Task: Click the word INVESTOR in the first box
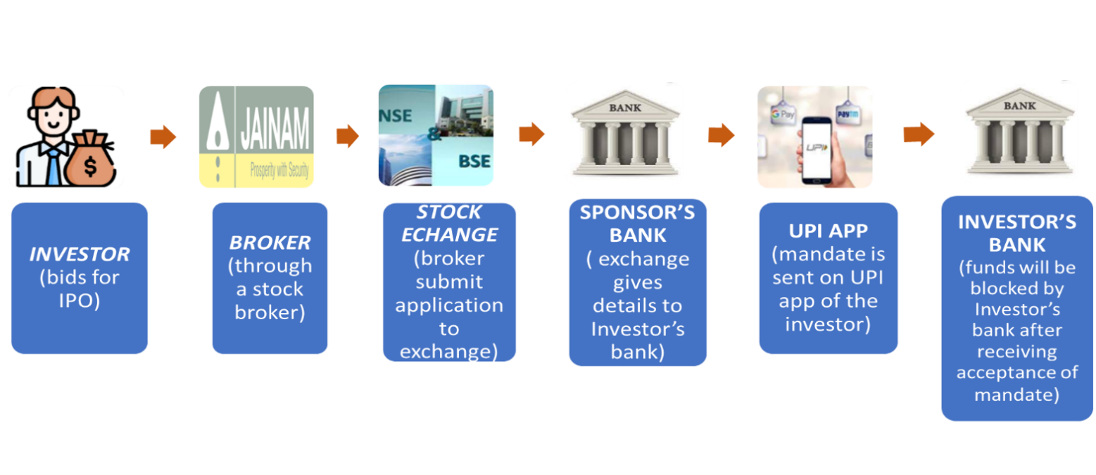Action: click(x=79, y=254)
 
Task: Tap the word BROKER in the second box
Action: click(x=270, y=243)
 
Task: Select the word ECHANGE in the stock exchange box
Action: click(x=449, y=234)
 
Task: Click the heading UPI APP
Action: click(x=828, y=231)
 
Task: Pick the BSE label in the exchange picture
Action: click(x=474, y=162)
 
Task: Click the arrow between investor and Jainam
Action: click(x=163, y=137)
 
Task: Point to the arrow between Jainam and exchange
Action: click(x=348, y=137)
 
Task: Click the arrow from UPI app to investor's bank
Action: click(x=919, y=135)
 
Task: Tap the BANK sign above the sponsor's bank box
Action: click(x=625, y=108)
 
